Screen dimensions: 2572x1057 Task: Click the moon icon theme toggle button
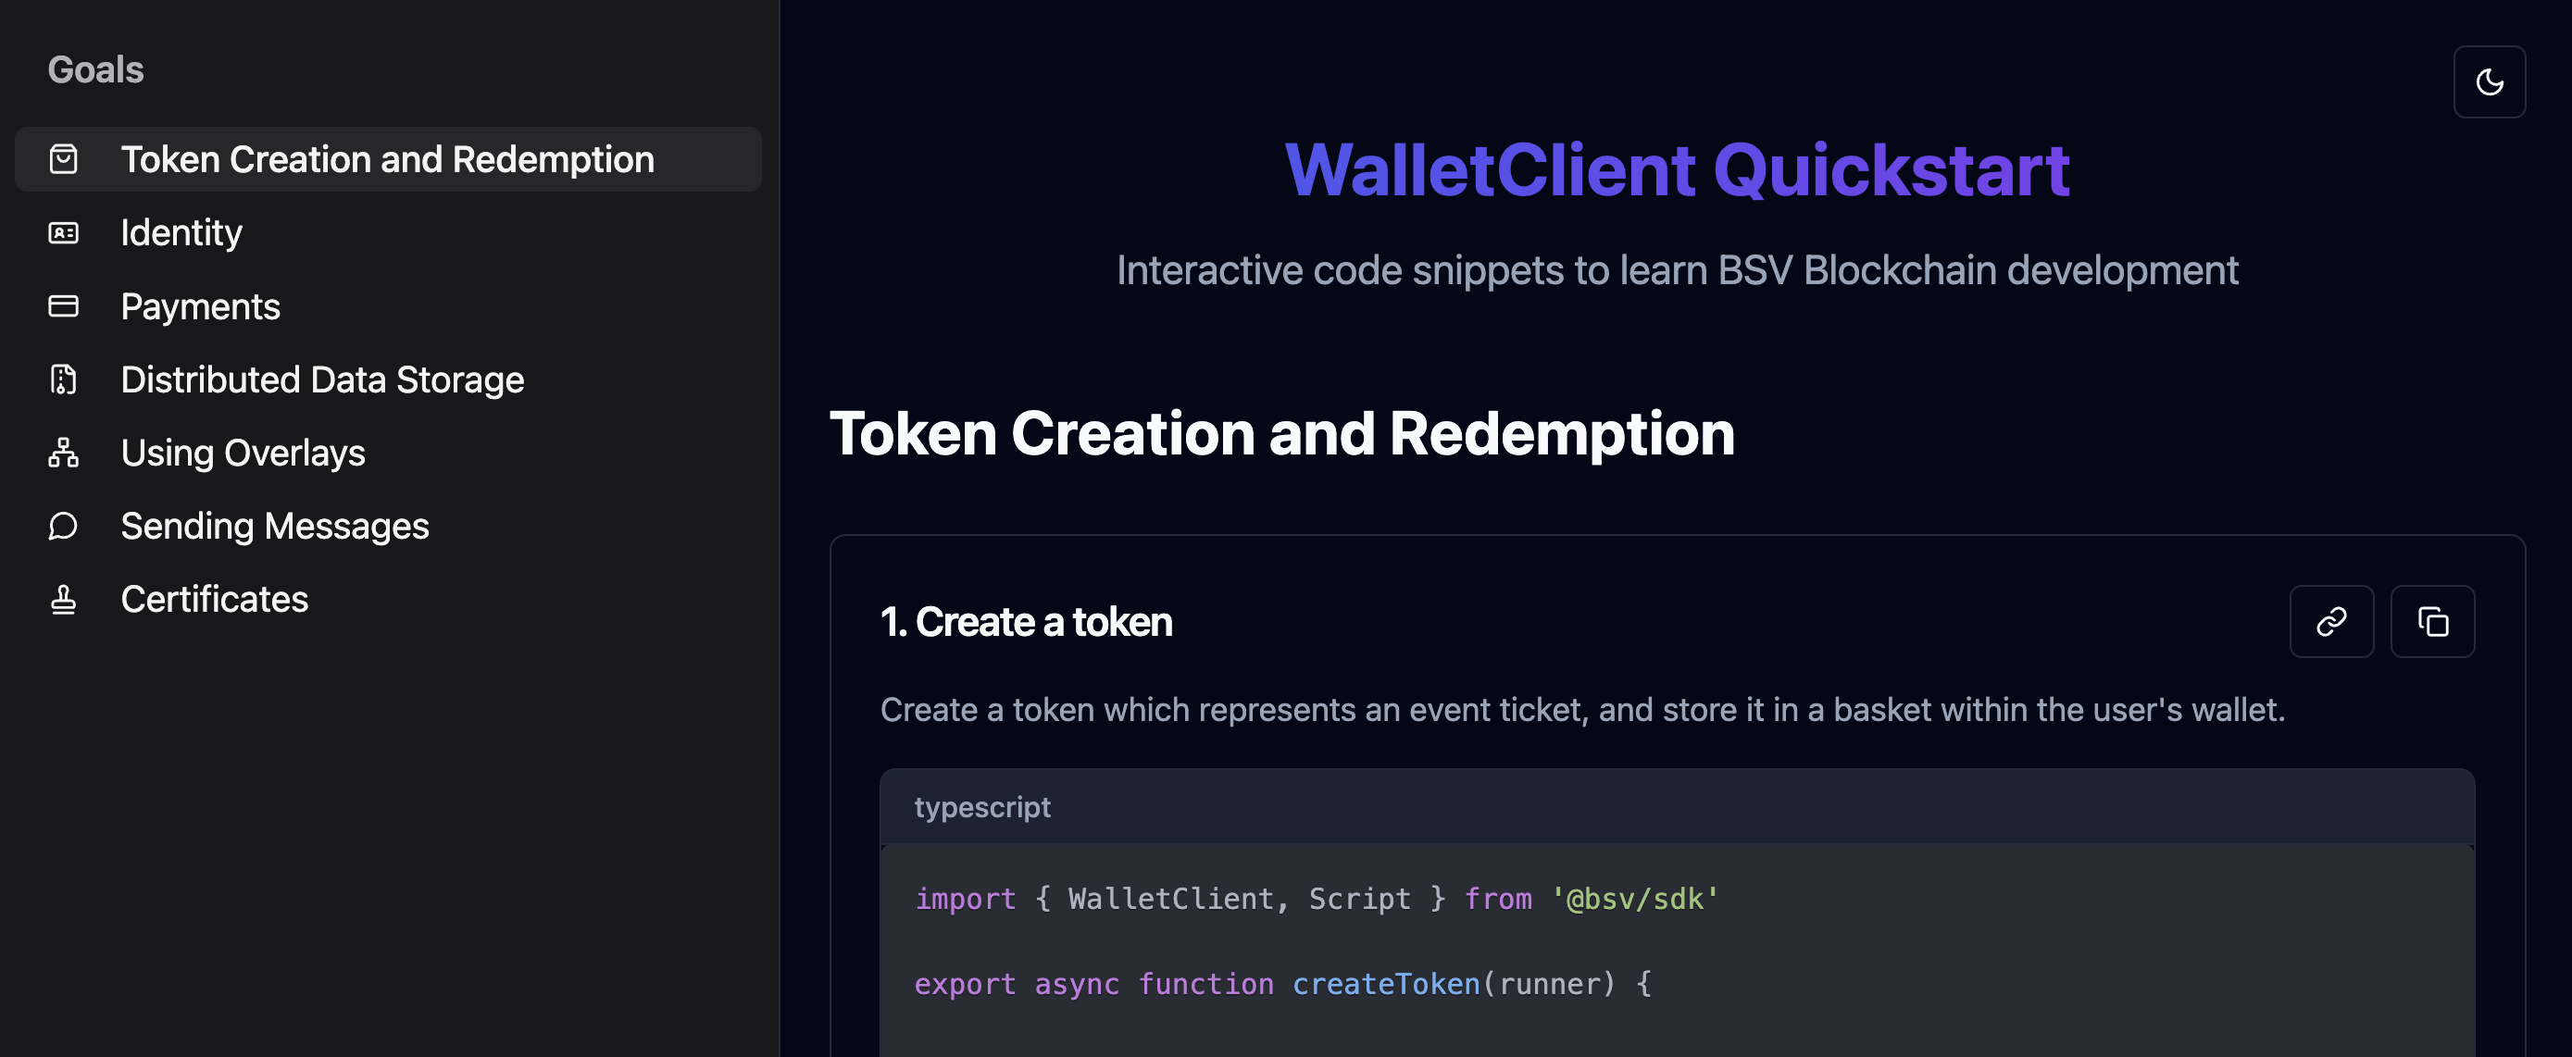coord(2489,81)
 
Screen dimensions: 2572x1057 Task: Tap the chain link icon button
coord(2331,622)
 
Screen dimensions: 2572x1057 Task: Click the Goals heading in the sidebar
coord(96,69)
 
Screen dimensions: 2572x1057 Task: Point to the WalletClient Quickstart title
coord(1678,169)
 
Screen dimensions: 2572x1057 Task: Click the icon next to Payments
coord(64,306)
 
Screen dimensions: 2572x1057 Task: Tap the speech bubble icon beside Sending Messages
coord(64,526)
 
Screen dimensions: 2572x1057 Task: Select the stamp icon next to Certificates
coord(64,599)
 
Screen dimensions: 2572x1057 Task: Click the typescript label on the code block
coord(982,807)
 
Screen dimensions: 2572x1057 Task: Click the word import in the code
coord(966,900)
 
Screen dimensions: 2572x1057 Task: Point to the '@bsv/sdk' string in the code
coord(1634,900)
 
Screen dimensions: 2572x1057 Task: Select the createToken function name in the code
coord(1387,984)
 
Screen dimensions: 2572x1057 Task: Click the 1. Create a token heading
coord(1027,622)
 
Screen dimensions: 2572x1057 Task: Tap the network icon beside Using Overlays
coord(64,454)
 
